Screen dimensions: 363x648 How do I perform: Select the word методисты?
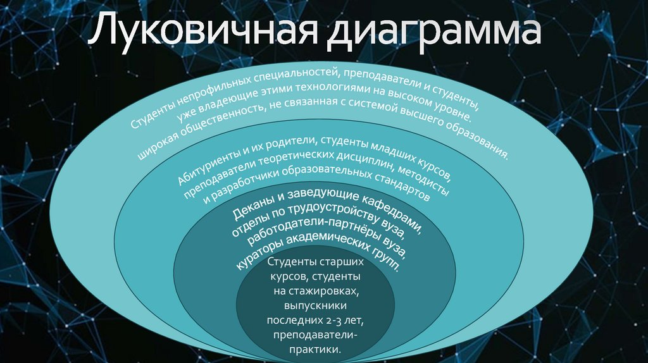(x=425, y=183)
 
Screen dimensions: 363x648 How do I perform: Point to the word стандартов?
(x=398, y=189)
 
